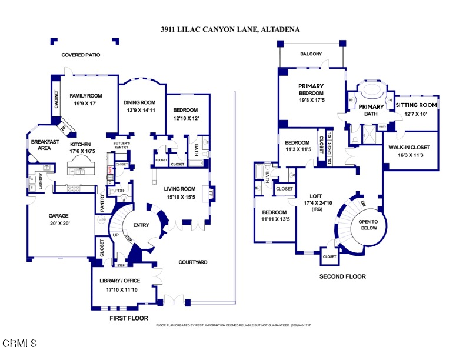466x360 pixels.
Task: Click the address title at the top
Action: [x=233, y=28]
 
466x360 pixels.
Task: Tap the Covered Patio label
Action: [x=81, y=55]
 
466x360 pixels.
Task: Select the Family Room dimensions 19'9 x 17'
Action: [x=86, y=103]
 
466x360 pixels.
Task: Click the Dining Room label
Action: [x=139, y=102]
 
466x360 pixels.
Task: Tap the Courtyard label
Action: [x=193, y=262]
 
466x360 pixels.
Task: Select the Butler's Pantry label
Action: [x=121, y=145]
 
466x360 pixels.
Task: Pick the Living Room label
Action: [x=179, y=189]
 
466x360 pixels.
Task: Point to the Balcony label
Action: [x=311, y=54]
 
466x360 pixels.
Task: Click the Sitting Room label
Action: [x=415, y=105]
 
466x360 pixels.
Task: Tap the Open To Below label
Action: [x=372, y=225]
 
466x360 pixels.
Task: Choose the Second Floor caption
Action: [x=342, y=276]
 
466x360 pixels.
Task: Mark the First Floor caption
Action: [x=128, y=318]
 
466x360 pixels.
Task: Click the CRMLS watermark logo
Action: [x=20, y=343]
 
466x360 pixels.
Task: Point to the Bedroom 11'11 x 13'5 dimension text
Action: [x=274, y=220]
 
